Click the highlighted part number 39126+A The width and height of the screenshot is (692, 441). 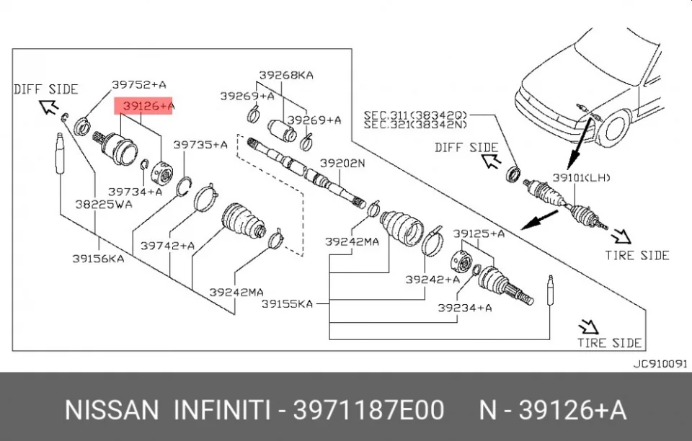(x=148, y=106)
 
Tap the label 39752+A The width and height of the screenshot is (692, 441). (x=139, y=84)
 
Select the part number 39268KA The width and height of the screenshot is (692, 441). (x=286, y=75)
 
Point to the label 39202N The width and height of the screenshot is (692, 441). (x=342, y=163)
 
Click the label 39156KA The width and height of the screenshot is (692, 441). (x=99, y=259)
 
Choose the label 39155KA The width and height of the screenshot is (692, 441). (x=288, y=303)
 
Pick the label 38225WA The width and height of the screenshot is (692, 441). (x=104, y=204)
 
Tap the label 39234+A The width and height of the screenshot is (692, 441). (x=465, y=308)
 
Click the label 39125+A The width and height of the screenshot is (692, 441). (x=479, y=233)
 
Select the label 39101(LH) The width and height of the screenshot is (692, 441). (x=582, y=178)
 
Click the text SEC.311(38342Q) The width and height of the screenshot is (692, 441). (x=415, y=115)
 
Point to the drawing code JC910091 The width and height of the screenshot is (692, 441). (x=660, y=364)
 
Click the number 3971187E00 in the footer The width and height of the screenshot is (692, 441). (x=368, y=410)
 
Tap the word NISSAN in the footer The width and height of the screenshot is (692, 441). (x=112, y=410)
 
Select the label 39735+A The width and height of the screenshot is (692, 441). (x=200, y=145)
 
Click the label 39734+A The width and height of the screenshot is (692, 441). (x=136, y=192)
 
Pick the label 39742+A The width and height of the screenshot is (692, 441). (x=168, y=246)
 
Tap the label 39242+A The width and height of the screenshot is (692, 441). (x=432, y=279)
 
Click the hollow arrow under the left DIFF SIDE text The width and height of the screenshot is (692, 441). (x=48, y=106)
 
